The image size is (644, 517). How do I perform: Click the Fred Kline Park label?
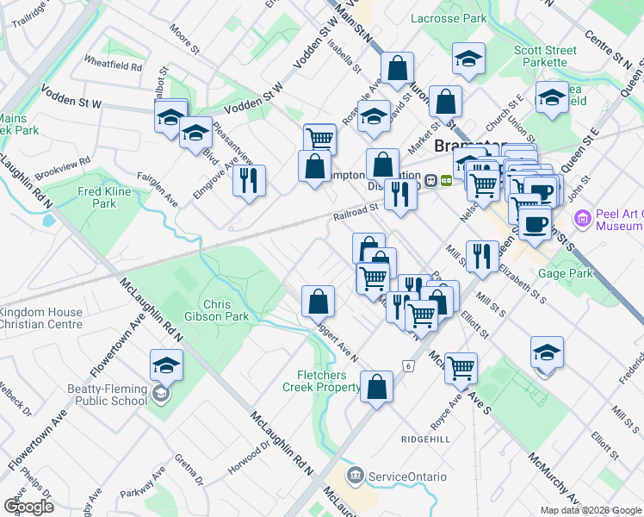(104, 197)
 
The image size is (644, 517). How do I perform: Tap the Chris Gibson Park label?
(226, 310)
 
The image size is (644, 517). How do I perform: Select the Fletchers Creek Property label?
(321, 381)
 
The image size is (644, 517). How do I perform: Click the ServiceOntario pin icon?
(355, 477)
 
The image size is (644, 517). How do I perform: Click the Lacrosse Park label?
(449, 18)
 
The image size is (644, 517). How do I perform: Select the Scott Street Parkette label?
(545, 56)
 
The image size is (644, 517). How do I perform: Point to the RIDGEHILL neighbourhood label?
(425, 439)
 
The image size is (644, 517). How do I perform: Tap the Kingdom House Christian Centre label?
(41, 318)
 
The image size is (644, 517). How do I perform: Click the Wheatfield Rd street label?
(113, 63)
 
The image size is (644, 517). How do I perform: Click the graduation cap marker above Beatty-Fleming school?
(166, 365)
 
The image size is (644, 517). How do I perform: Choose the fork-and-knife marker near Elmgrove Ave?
(250, 180)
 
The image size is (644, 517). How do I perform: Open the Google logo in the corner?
(29, 507)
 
